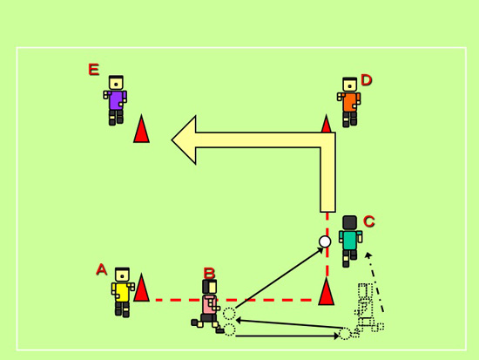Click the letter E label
(94, 70)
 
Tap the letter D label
(367, 80)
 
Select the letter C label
(369, 221)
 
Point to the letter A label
(101, 269)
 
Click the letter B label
(209, 273)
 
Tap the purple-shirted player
(116, 100)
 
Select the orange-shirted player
(349, 102)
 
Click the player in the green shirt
(350, 241)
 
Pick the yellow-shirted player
(123, 292)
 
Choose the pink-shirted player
(208, 306)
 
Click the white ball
(325, 241)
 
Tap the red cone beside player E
(141, 129)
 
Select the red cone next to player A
(141, 288)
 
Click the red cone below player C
(327, 291)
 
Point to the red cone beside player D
(327, 124)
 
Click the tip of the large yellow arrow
(172, 139)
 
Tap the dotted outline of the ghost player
(368, 308)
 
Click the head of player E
(116, 83)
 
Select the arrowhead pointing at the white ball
(320, 250)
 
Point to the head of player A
(123, 275)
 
